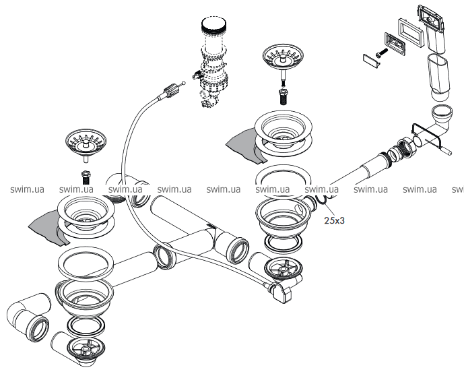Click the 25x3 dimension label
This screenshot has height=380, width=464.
[335, 220]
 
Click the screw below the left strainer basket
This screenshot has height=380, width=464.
[86, 178]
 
